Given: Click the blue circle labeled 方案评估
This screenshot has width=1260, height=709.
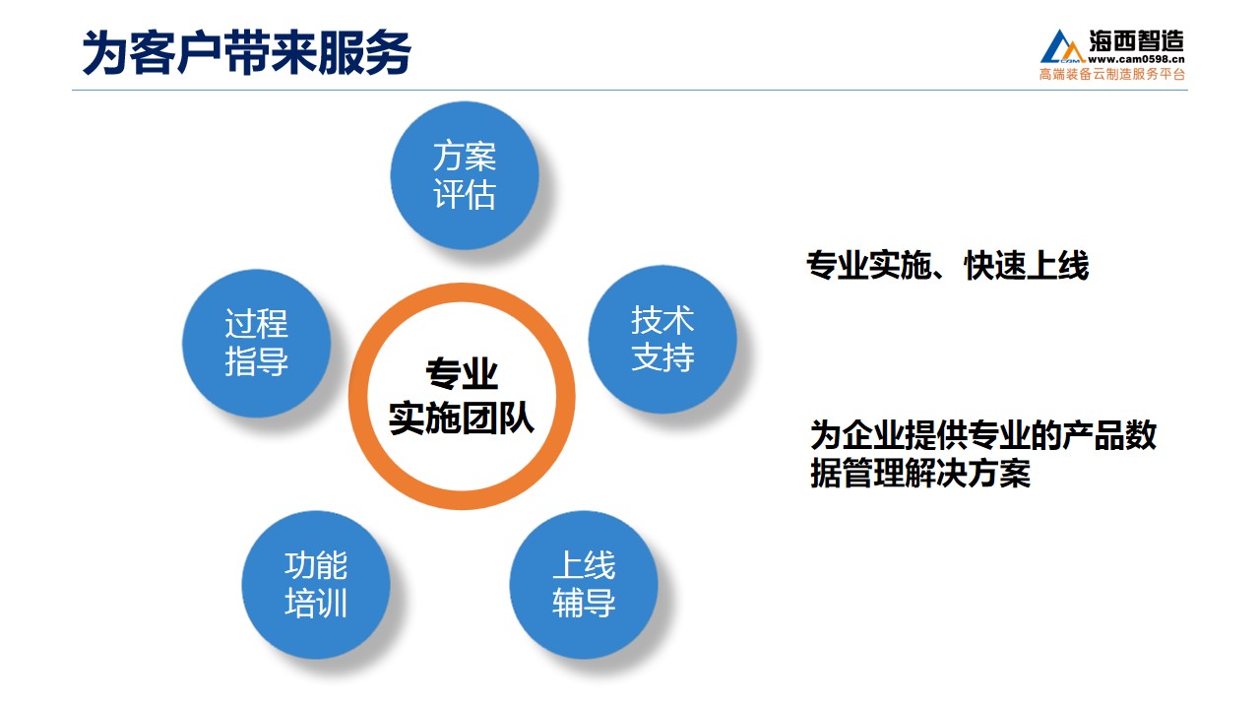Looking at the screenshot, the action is [465, 175].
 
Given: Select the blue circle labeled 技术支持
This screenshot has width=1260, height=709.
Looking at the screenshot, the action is [662, 340].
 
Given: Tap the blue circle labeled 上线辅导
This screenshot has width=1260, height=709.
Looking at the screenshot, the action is [584, 585].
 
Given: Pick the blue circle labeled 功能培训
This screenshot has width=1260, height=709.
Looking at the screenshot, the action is [316, 585].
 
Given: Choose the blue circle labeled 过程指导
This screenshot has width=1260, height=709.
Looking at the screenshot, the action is [257, 344].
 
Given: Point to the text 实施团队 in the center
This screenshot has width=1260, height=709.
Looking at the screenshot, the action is [462, 419].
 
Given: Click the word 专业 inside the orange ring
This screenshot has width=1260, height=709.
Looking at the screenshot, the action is [462, 373].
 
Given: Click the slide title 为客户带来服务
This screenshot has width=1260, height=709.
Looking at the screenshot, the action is [247, 52].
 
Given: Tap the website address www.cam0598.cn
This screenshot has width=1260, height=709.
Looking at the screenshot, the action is [1136, 59].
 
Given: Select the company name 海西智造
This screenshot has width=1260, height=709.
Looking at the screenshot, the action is [1136, 41].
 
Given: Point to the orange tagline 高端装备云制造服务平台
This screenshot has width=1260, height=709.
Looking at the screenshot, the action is [1112, 74].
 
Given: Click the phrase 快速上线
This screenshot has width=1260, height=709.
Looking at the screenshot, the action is [1027, 265].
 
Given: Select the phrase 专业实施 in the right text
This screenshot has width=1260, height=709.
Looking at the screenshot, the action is [869, 265].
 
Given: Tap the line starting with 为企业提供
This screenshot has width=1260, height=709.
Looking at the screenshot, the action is [983, 435].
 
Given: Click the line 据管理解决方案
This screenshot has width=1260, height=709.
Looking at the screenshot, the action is [920, 474].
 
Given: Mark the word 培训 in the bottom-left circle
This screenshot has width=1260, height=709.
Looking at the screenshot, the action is [316, 604].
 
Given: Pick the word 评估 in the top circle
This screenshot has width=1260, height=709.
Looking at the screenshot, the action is [465, 194].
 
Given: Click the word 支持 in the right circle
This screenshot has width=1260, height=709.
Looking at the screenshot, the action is [662, 357].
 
